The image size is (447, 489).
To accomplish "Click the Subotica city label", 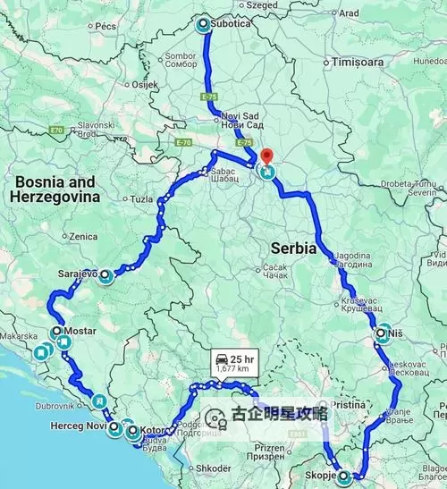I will pos(232,25).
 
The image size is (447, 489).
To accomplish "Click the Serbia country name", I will pos(292,249).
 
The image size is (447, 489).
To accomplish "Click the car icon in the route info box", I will pos(220,358).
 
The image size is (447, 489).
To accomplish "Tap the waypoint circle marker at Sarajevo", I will pos(105,275).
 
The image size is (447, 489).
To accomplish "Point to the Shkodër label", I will pos(215,468).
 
